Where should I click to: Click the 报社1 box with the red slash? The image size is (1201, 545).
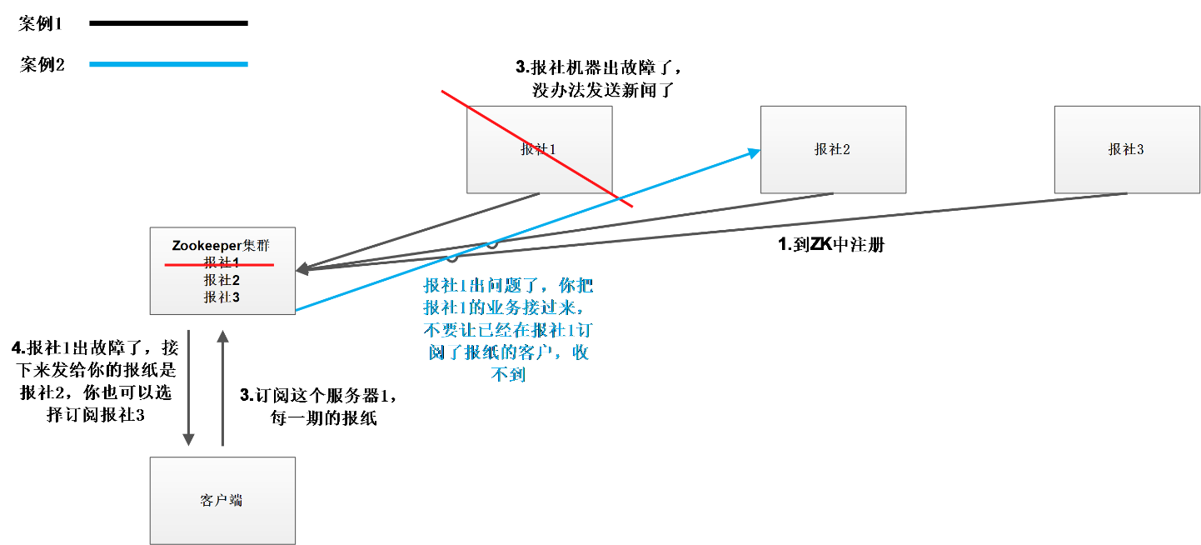[x=539, y=149]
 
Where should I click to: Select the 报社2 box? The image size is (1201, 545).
[x=833, y=149]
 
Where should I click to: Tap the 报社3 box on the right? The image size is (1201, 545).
[x=1126, y=149]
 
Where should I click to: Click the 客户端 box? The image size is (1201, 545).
[x=222, y=500]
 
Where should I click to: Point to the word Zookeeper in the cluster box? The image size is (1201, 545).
[x=206, y=246]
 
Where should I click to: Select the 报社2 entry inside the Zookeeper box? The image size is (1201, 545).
[x=222, y=280]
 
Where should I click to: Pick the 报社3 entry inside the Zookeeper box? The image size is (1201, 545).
[x=222, y=297]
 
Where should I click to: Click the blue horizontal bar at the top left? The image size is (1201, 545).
[x=168, y=64]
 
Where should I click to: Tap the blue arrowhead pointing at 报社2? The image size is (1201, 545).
[x=754, y=152]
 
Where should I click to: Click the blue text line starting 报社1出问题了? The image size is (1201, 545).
[x=508, y=286]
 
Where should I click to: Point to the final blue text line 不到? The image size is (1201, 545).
[x=508, y=375]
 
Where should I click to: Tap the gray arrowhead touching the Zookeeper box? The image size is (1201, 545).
[x=302, y=268]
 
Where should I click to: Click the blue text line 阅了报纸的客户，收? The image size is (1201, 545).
[x=508, y=352]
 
